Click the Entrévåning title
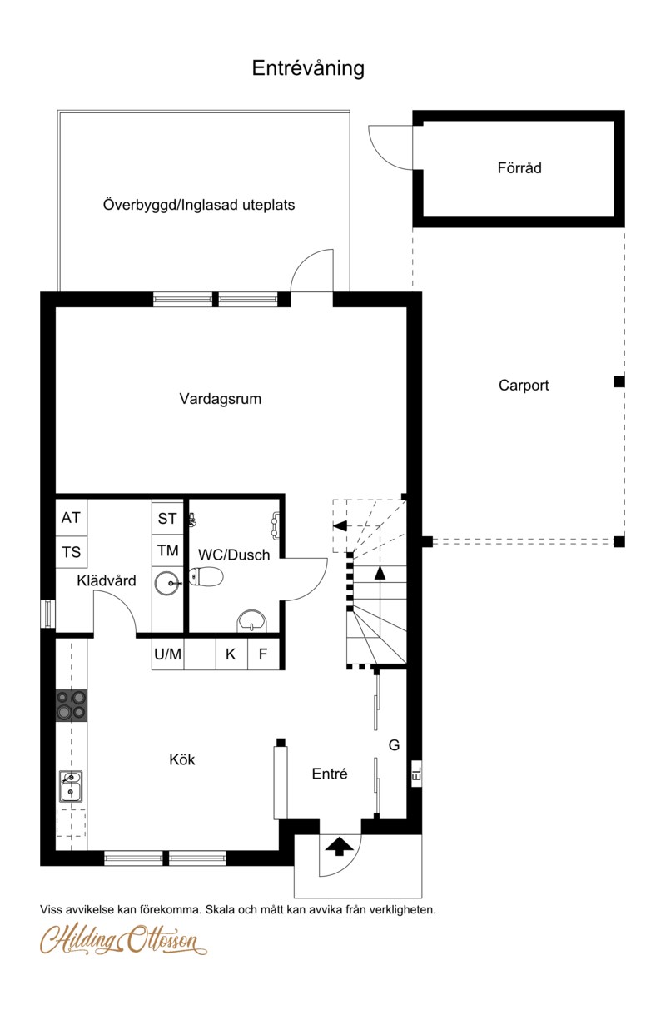click(308, 68)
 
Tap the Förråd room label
click(519, 167)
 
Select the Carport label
click(524, 386)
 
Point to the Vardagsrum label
click(220, 399)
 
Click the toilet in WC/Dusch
click(206, 577)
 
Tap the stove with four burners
click(71, 705)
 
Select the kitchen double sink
click(71, 786)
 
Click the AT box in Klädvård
click(71, 517)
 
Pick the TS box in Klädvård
click(71, 552)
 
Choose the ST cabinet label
click(167, 519)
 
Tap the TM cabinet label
click(167, 550)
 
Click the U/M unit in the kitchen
click(167, 654)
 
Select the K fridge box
click(231, 654)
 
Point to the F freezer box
click(263, 654)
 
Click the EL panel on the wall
click(417, 774)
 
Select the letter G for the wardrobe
click(394, 745)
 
